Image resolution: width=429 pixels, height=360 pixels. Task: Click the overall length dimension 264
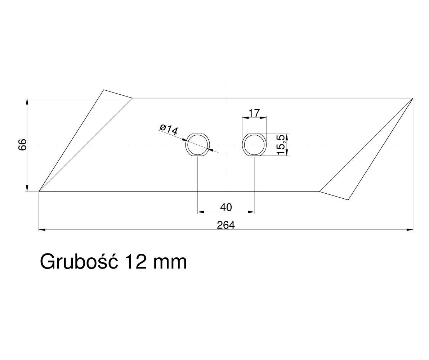226,225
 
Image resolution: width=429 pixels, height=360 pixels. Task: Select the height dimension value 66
23,145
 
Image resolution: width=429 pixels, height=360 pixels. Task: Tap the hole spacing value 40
226,207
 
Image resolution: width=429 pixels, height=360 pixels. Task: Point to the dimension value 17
254,113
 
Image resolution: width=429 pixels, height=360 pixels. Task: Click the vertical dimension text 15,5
282,144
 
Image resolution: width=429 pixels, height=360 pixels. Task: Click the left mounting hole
197,145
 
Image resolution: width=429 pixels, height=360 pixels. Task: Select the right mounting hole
254,145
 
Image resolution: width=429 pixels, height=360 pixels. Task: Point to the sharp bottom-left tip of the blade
39,192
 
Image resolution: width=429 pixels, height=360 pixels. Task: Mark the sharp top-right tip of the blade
413,98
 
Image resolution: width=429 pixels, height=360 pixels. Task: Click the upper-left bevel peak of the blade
104,90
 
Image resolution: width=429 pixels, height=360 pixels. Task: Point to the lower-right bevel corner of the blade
348,199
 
